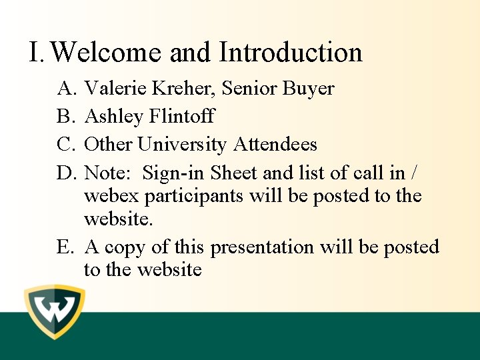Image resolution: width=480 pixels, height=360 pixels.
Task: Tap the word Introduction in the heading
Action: point(291,53)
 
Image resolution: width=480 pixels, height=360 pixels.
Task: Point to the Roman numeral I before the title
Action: point(36,53)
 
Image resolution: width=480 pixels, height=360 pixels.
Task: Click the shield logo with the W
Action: point(55,312)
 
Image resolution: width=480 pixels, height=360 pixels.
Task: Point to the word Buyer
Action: point(308,89)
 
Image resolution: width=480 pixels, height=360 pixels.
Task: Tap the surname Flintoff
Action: point(182,117)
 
